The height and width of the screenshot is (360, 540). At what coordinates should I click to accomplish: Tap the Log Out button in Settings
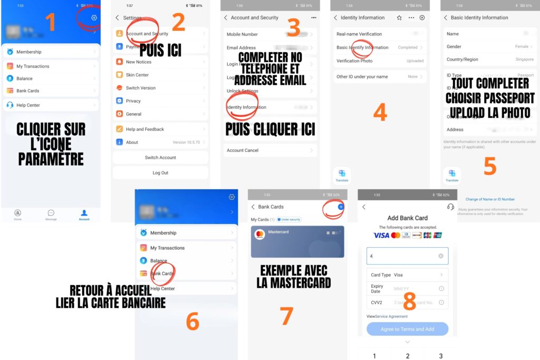point(160,172)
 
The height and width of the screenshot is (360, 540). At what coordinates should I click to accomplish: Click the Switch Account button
point(160,158)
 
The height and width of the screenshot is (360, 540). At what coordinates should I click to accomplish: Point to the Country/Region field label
point(462,60)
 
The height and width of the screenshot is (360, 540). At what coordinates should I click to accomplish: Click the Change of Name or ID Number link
point(490,199)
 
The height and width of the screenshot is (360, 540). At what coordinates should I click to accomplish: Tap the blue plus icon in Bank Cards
point(341,207)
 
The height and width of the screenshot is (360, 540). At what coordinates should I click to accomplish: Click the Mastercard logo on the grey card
point(259,234)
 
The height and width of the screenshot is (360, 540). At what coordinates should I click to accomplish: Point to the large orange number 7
point(286,316)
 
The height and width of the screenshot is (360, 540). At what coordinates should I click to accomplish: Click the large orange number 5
point(490,166)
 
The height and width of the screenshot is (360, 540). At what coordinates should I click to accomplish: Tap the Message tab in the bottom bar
point(51,215)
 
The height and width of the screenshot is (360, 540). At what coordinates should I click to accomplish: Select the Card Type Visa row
point(407,275)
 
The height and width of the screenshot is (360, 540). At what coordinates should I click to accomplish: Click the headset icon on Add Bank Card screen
point(450,207)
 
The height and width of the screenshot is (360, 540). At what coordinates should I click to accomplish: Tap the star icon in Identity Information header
point(399,17)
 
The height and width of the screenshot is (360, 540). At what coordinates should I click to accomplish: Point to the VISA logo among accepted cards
point(381,235)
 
